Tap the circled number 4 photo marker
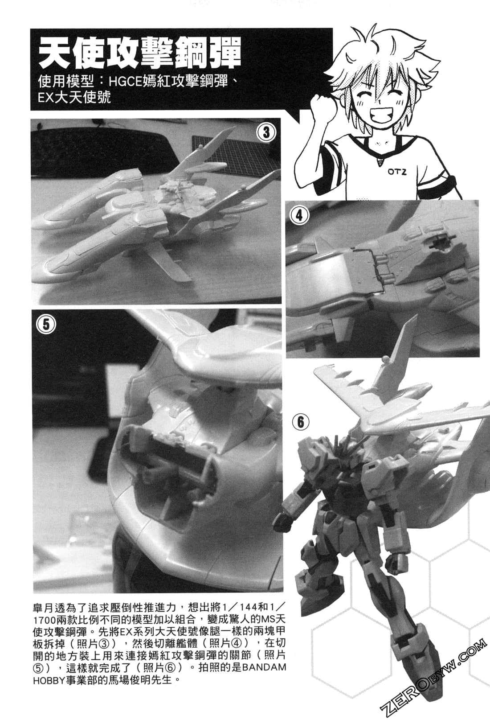pyautogui.click(x=299, y=215)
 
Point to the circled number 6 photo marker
pyautogui.click(x=301, y=422)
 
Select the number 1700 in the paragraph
pyautogui.click(x=45, y=619)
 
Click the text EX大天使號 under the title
pyautogui.click(x=74, y=97)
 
